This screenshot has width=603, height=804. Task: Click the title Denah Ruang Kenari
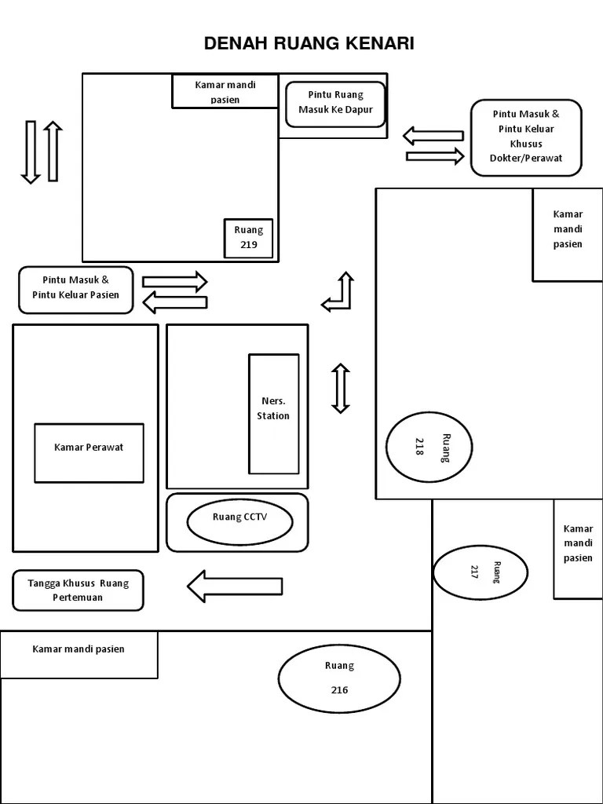(x=309, y=44)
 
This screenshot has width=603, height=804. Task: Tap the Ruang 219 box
(x=249, y=238)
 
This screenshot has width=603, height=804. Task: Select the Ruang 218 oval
(x=429, y=447)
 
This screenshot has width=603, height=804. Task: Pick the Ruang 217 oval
(x=480, y=572)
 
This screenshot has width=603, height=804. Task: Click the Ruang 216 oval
(x=339, y=678)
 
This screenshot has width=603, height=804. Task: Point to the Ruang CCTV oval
(x=239, y=521)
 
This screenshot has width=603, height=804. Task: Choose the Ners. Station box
(x=273, y=413)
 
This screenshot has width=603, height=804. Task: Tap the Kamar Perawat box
(x=89, y=452)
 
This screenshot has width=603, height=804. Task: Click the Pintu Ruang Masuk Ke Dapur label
(x=335, y=104)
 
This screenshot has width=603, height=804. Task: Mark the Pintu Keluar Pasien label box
(x=76, y=289)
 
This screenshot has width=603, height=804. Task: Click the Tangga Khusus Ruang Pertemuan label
(x=79, y=590)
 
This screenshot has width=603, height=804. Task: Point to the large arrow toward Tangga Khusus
(x=234, y=586)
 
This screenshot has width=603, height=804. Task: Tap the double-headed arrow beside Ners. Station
(x=340, y=388)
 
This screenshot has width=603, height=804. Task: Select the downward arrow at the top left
(x=31, y=152)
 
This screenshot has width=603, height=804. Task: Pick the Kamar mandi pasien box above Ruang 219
(x=225, y=91)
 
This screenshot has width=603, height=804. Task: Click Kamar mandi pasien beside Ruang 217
(x=579, y=543)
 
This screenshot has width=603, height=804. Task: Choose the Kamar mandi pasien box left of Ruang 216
(x=79, y=654)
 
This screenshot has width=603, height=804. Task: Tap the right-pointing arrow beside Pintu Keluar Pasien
(x=174, y=280)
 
